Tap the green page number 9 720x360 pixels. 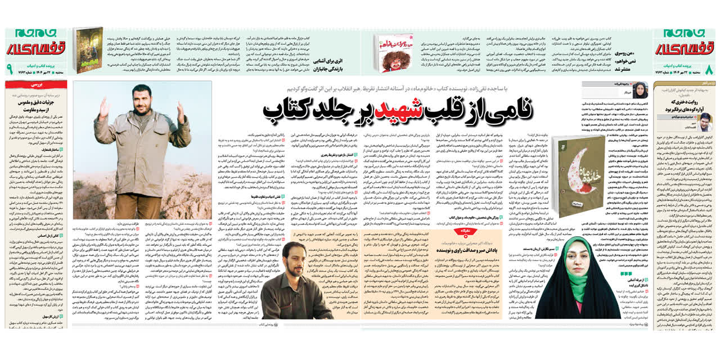[x=9, y=70]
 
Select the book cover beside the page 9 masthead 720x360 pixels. [x=87, y=51]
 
